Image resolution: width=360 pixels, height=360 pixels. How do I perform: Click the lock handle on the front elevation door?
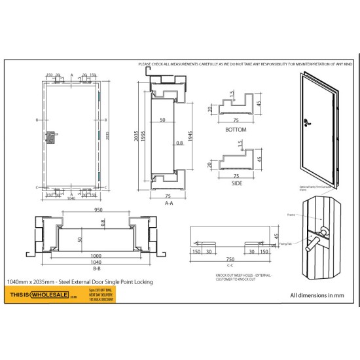(x=50, y=137)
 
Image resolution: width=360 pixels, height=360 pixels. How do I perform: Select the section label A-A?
(x=168, y=204)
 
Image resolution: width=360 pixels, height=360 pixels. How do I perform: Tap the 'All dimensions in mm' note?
(x=317, y=295)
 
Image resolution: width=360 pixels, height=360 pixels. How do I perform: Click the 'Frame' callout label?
(x=291, y=214)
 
